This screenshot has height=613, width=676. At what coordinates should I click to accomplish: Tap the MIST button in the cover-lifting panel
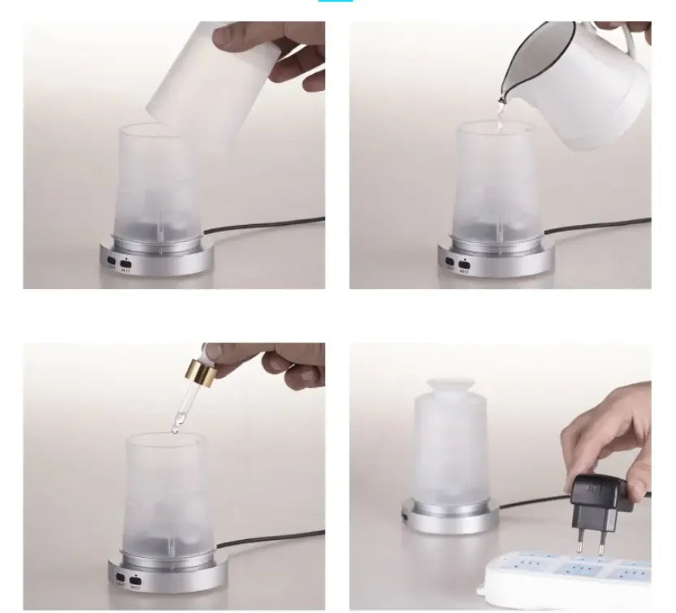(x=126, y=262)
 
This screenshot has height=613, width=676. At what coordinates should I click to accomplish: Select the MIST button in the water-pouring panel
(x=463, y=262)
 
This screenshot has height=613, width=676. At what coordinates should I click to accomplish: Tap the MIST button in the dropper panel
(x=133, y=581)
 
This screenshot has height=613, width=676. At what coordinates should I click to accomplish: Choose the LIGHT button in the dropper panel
(x=119, y=579)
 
